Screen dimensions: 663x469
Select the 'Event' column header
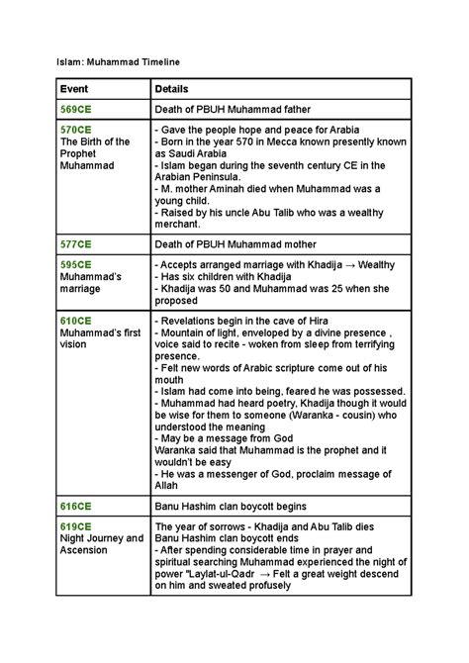point(76,89)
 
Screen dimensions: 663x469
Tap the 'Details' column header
point(173,89)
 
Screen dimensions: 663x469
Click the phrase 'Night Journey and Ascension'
point(102,544)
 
